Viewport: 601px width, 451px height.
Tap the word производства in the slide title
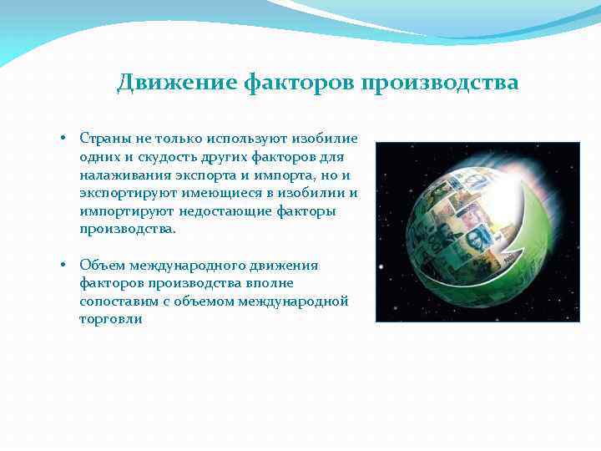click(x=440, y=83)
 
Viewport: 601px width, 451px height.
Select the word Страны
click(x=102, y=137)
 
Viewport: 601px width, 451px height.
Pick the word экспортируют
click(x=129, y=192)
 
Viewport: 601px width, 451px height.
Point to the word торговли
click(x=111, y=320)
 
